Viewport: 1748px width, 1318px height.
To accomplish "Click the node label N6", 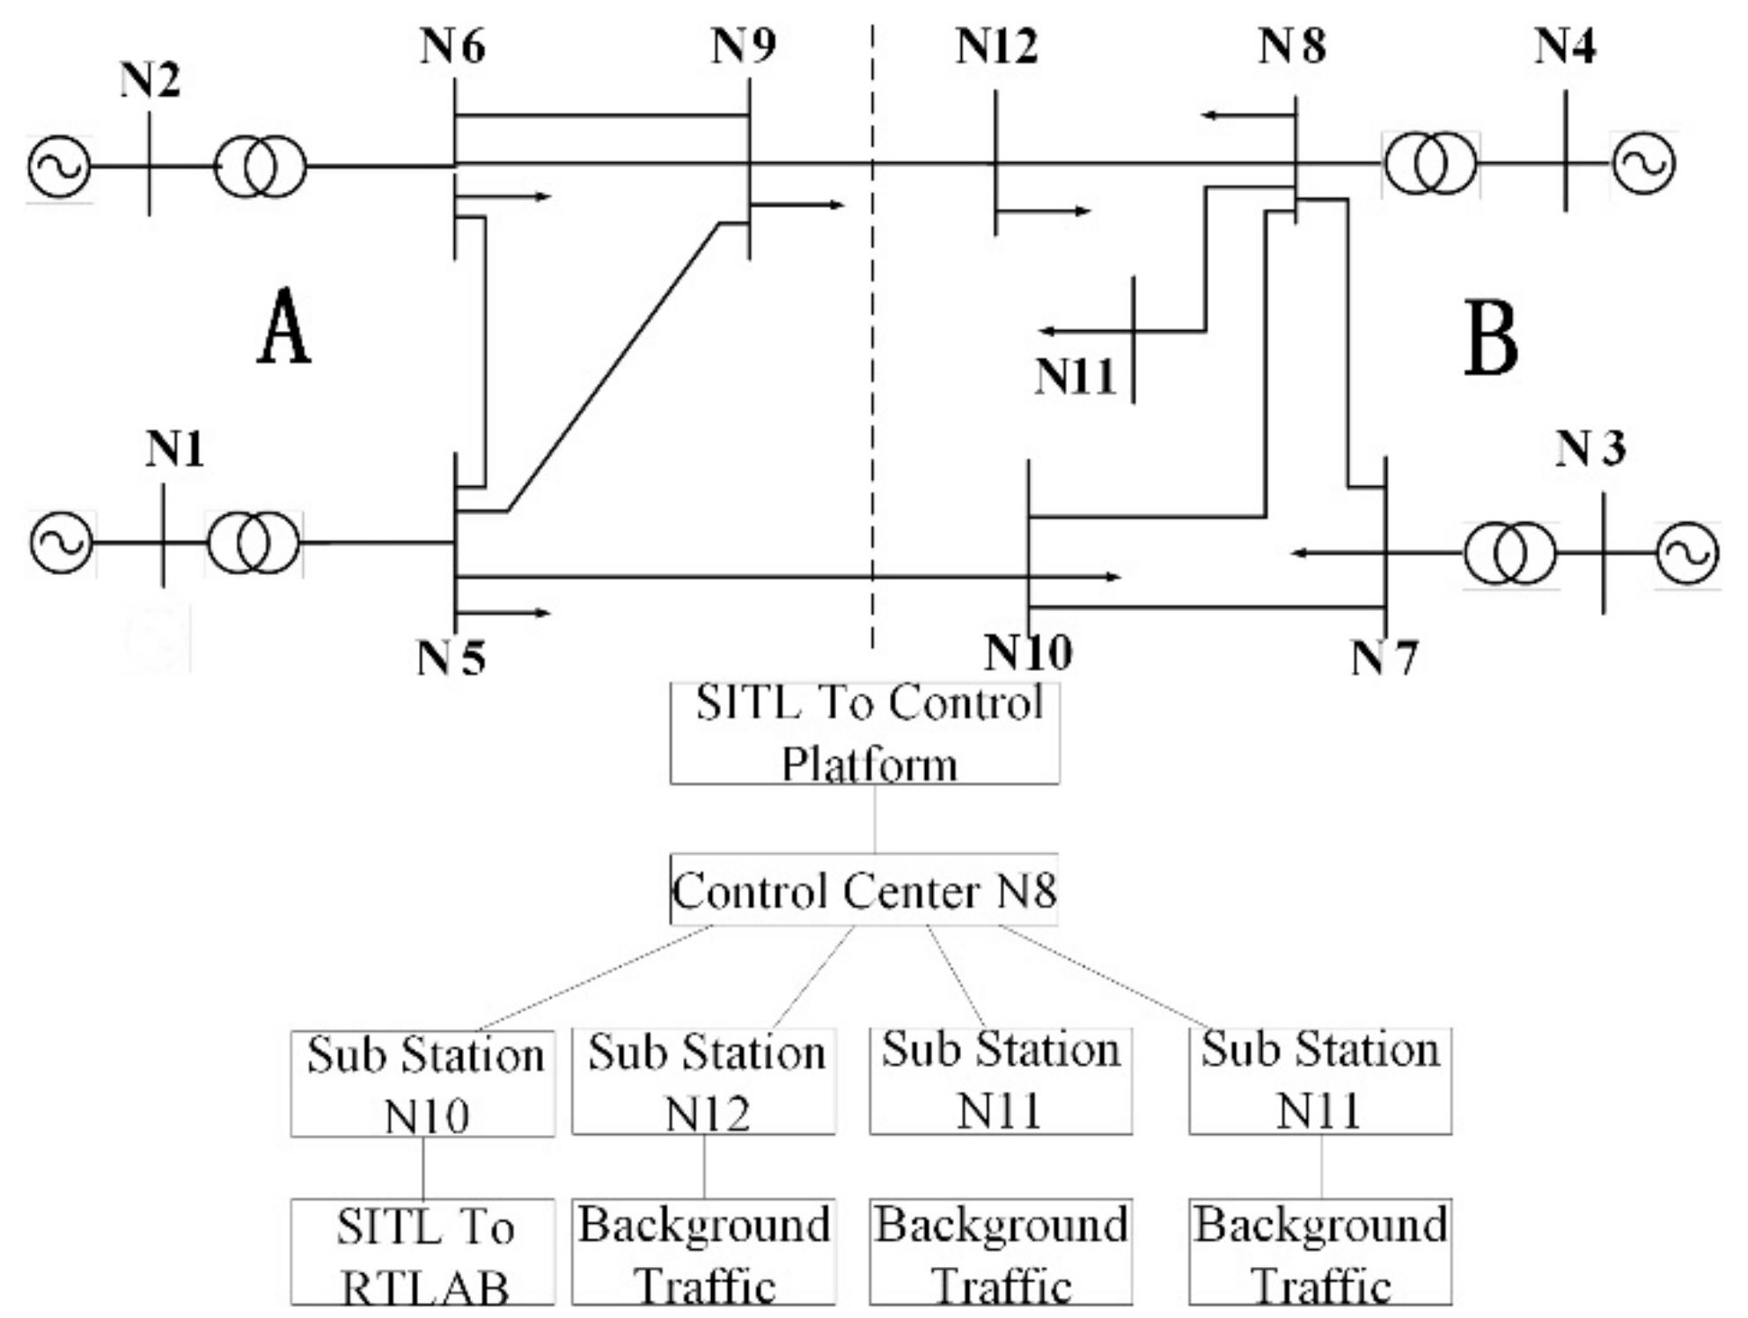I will click(x=452, y=46).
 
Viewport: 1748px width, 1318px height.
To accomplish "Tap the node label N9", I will click(x=744, y=46).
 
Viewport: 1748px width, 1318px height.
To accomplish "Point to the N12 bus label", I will click(x=996, y=46).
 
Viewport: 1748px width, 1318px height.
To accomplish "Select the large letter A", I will click(x=284, y=328).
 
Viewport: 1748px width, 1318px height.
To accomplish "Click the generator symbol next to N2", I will click(x=59, y=166).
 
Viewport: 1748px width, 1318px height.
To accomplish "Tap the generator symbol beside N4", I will click(x=1643, y=163).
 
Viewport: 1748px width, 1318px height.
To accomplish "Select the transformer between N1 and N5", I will click(x=253, y=543).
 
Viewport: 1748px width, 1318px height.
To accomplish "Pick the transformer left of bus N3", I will click(x=1509, y=553).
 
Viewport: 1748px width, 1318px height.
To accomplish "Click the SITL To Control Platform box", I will click(x=864, y=733).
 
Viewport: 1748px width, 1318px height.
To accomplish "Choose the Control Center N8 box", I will click(x=863, y=890).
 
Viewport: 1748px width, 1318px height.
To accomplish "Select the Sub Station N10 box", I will click(x=423, y=1084).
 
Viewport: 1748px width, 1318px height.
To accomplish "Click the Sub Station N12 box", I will click(x=704, y=1082).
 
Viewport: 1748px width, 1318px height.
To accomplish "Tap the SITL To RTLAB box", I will click(x=423, y=1251).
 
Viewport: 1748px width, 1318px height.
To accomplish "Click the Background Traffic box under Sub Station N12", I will click(x=704, y=1251).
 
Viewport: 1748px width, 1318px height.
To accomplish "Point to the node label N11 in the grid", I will click(x=1075, y=377).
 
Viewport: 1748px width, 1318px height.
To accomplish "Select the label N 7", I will click(x=1384, y=658).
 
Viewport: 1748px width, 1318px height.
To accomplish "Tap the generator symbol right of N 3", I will click(x=1686, y=553).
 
